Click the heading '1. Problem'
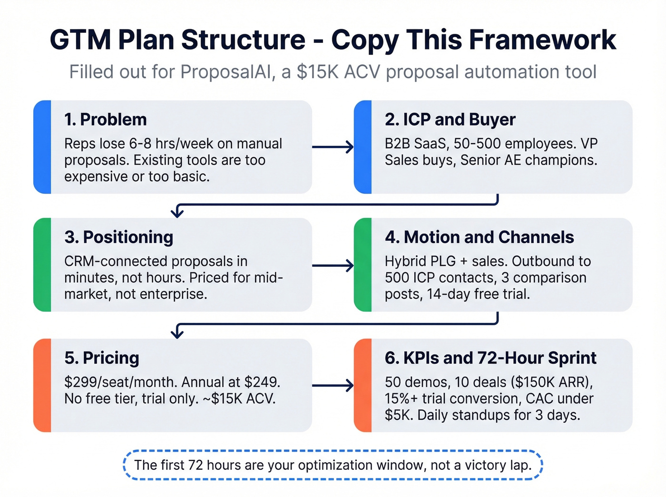[x=106, y=119]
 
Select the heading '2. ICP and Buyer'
[x=450, y=119]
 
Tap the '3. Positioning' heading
[x=119, y=237]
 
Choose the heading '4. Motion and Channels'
[x=480, y=237]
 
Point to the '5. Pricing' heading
[x=102, y=358]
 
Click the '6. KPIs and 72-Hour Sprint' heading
[x=490, y=358]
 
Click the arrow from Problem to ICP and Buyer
[x=333, y=147]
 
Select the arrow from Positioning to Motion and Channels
[x=333, y=265]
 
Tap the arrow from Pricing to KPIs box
[x=333, y=385]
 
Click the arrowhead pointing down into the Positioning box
[x=177, y=212]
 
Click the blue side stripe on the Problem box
[x=42, y=147]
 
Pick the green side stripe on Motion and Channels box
[x=363, y=265]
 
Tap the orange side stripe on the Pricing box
[x=42, y=385]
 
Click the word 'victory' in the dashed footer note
[x=484, y=465]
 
